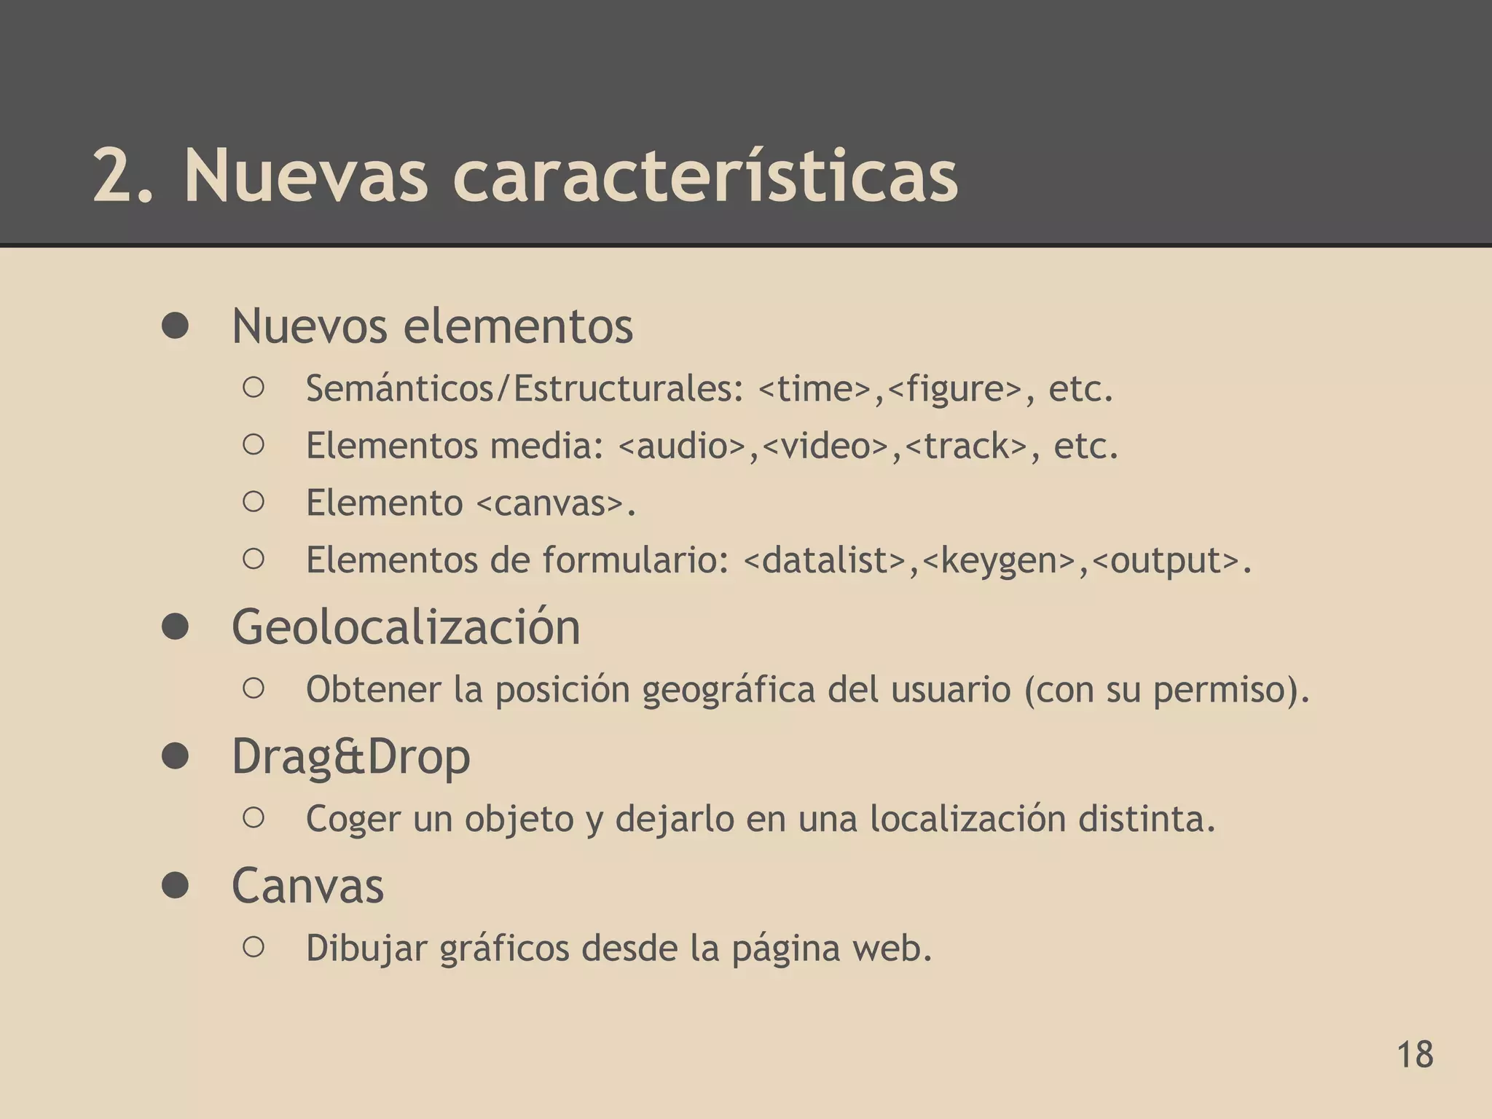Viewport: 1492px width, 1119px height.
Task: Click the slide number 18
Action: point(1415,1055)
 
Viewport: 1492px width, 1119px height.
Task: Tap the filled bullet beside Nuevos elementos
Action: point(176,326)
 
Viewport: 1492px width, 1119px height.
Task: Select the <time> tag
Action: point(814,389)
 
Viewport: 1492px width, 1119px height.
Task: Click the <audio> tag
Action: point(682,446)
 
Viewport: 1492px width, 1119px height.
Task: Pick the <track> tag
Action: point(965,446)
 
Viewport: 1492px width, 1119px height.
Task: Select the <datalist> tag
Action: point(825,560)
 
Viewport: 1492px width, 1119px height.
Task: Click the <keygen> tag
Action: point(999,560)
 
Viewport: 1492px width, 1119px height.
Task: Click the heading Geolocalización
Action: point(406,627)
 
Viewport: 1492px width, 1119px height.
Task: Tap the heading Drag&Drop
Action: point(350,757)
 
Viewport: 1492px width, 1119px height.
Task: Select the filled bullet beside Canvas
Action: point(176,886)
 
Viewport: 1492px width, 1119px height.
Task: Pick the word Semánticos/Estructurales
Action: point(524,389)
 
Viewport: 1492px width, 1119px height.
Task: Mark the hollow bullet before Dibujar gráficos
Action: point(253,947)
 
